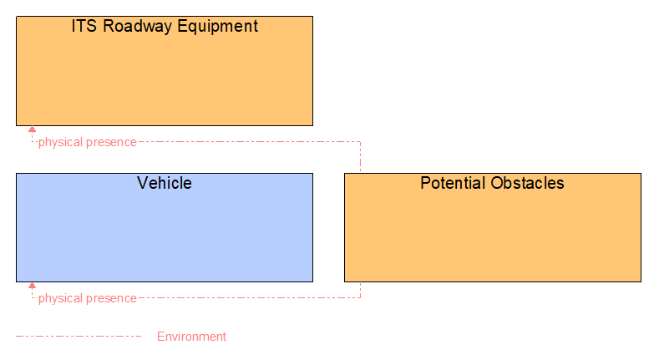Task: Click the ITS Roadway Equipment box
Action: click(164, 79)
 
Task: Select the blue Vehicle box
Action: click(164, 234)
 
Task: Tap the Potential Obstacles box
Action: click(492, 234)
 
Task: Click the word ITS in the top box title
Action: click(84, 26)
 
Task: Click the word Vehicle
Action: click(164, 183)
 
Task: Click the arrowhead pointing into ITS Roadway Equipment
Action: click(32, 129)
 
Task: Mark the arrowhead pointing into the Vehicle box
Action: click(32, 286)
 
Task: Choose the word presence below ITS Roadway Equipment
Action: click(113, 142)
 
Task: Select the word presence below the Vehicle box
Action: click(113, 298)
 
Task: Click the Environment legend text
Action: click(191, 337)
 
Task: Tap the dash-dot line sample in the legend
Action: click(79, 337)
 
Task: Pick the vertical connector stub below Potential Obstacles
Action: click(360, 290)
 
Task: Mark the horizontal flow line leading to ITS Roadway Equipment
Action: click(251, 141)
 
